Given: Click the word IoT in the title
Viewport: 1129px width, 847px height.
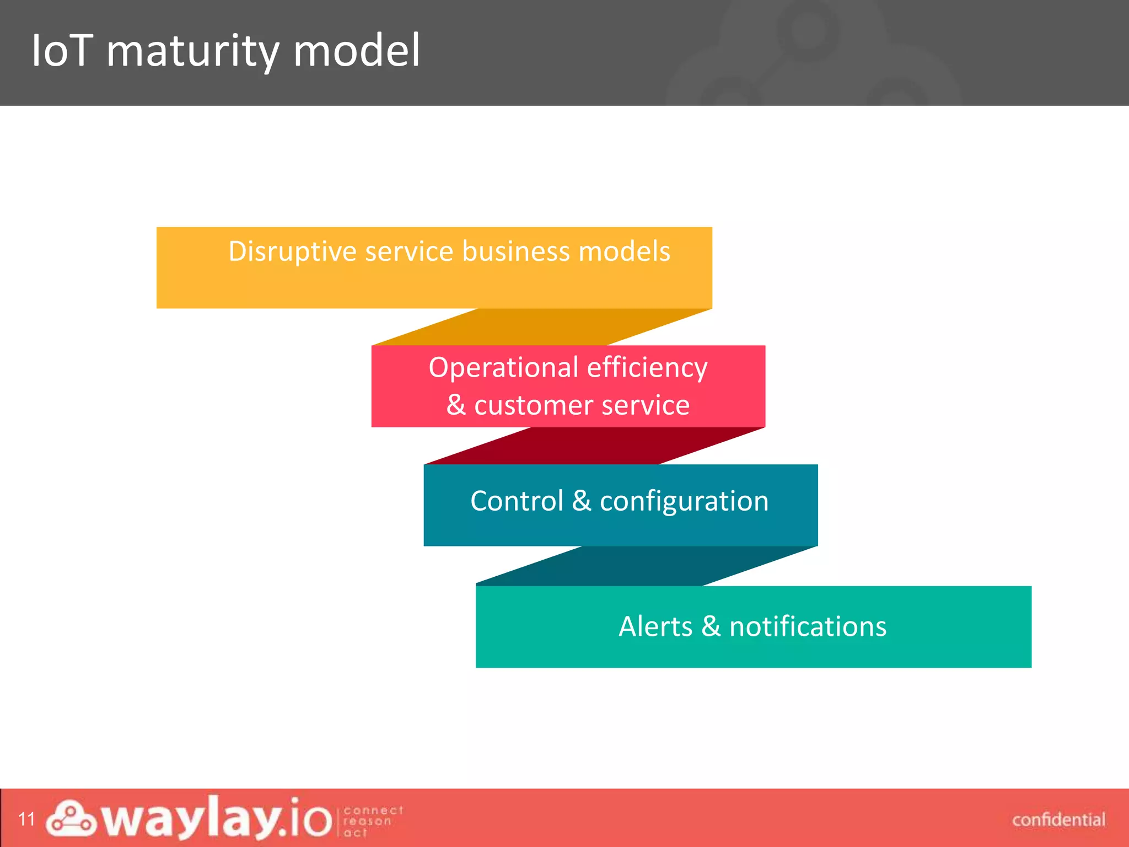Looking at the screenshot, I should pos(61,51).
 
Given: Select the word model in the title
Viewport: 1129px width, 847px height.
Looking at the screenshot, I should pos(357,51).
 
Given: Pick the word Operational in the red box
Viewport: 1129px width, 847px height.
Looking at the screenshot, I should pos(503,368).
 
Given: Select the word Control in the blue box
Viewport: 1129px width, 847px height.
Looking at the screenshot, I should pos(517,501).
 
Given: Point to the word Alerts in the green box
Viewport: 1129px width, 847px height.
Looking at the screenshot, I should pos(655,627).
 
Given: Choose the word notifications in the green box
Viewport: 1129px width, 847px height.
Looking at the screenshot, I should pos(808,627).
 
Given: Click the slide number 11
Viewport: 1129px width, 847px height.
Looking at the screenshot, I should pos(26,819).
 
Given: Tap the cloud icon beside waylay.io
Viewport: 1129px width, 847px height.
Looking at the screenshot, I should pos(71,819).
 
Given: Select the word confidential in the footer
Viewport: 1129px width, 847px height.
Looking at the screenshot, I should pos(1058,820).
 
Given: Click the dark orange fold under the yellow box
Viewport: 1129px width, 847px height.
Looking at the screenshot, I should pos(542,327).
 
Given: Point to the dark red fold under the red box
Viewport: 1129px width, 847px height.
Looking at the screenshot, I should pos(594,446).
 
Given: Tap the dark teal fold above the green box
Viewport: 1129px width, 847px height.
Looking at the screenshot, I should pos(646,566).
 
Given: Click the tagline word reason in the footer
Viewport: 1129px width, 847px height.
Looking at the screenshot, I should pos(367,821).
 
